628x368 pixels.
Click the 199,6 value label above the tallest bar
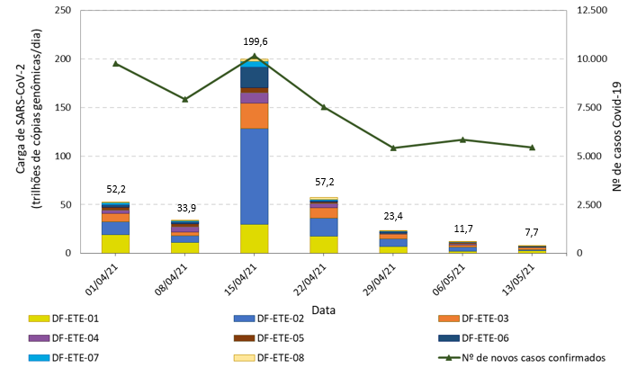point(255,42)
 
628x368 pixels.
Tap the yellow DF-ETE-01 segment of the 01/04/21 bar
point(116,243)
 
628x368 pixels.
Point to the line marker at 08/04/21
point(185,99)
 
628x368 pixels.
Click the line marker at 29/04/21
point(393,148)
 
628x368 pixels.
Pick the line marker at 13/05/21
point(532,148)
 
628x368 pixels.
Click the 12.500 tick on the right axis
point(592,11)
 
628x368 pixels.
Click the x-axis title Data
point(324,309)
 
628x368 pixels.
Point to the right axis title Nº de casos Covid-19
point(618,131)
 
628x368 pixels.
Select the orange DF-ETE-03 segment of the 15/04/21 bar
point(255,116)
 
